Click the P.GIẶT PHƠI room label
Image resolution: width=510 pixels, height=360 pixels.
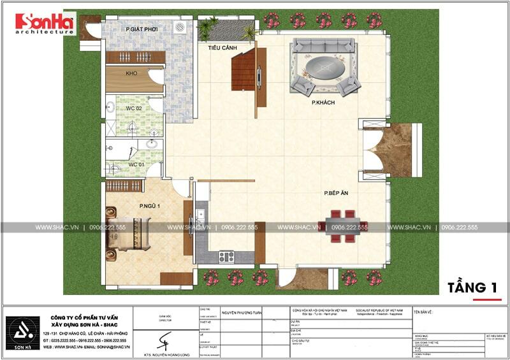tap(142, 29)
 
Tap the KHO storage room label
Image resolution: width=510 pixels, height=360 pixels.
tap(131, 74)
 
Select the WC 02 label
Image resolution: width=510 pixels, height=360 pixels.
tap(133, 108)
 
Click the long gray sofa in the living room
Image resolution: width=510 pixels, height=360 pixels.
tap(323, 46)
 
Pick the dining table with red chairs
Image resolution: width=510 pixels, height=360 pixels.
tap(343, 226)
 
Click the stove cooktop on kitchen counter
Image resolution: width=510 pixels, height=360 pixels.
tap(226, 256)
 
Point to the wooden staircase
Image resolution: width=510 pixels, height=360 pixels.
tap(244, 71)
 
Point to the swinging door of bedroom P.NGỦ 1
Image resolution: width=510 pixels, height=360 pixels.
tap(180, 187)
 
